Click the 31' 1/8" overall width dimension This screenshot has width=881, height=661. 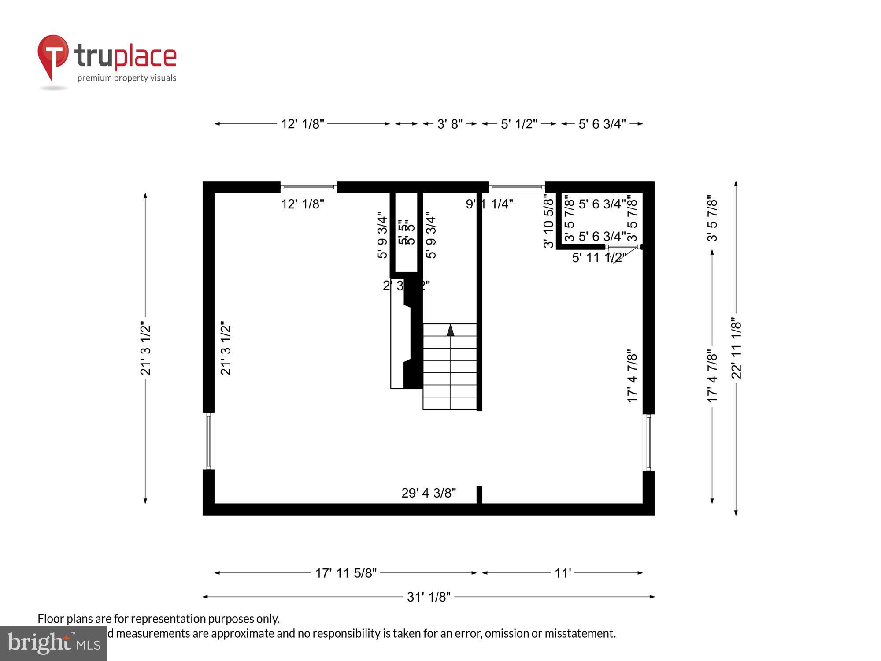[x=429, y=597]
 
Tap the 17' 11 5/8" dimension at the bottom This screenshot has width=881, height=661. [x=346, y=573]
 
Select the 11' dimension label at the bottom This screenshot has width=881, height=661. [x=563, y=573]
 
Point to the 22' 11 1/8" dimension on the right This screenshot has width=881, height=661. [x=736, y=348]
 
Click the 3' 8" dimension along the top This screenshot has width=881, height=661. [x=450, y=124]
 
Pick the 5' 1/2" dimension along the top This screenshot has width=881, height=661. [x=519, y=124]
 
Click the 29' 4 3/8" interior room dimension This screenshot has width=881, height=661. [x=429, y=493]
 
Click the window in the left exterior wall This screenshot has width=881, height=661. [x=209, y=441]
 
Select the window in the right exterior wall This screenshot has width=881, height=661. [x=648, y=442]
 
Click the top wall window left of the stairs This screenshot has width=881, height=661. [x=309, y=187]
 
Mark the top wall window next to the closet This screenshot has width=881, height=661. [x=517, y=187]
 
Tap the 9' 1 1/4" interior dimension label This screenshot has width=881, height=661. [x=489, y=204]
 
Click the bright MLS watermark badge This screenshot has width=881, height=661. [x=54, y=643]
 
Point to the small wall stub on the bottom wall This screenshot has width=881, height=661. [x=479, y=494]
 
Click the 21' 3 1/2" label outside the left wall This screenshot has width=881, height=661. [x=145, y=348]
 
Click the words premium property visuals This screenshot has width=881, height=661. [x=127, y=78]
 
